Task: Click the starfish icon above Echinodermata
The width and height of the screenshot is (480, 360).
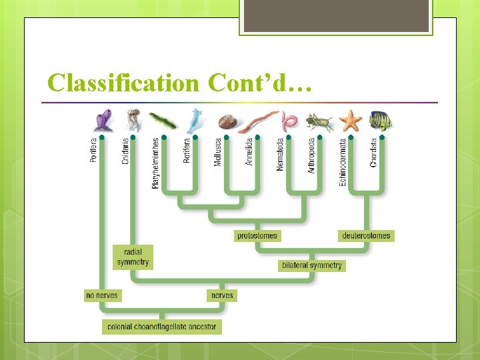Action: click(350, 120)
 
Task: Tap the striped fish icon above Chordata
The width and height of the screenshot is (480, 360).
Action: click(381, 120)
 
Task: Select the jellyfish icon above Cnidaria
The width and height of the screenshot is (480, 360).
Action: click(132, 120)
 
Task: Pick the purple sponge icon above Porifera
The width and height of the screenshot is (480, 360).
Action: click(103, 121)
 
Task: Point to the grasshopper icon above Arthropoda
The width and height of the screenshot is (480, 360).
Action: click(319, 121)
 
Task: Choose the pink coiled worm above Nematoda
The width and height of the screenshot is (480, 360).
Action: click(289, 121)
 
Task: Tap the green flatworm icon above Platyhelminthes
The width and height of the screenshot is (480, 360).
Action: click(163, 121)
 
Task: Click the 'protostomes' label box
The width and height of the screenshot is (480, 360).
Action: click(257, 235)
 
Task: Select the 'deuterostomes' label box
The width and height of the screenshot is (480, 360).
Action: click(367, 235)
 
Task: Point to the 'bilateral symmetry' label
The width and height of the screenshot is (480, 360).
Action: click(312, 265)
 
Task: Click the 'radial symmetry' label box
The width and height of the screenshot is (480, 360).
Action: click(133, 257)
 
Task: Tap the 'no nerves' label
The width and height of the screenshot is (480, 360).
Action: click(103, 295)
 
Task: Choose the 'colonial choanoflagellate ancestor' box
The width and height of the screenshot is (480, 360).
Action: click(162, 327)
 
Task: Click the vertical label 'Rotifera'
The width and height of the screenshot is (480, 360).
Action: click(187, 149)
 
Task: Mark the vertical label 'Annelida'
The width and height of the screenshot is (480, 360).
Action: click(250, 151)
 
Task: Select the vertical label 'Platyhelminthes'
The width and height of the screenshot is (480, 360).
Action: click(156, 163)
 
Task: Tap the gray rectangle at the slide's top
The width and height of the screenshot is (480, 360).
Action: click(336, 16)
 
